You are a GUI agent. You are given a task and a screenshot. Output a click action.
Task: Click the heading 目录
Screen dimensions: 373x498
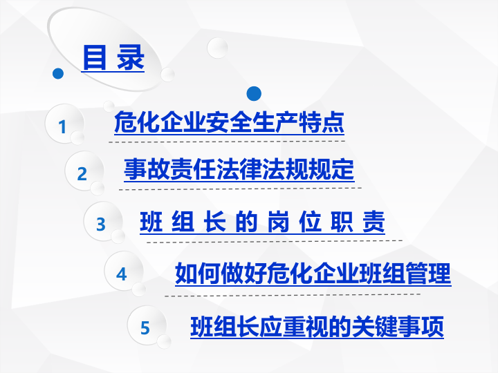coord(113,57)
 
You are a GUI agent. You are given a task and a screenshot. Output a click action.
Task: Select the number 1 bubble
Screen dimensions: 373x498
coord(62,127)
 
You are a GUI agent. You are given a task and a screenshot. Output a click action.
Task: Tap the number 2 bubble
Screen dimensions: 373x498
coord(82,174)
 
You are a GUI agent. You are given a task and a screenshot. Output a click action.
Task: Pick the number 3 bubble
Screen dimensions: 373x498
coord(101,224)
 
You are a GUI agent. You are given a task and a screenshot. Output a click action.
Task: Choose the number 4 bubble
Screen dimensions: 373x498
coord(122,274)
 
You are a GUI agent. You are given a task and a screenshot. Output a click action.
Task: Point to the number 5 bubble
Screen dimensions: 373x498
coord(145,327)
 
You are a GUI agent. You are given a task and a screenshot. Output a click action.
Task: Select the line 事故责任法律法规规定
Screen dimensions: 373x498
coord(239,169)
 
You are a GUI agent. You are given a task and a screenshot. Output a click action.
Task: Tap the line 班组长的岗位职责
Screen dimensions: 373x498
coord(262,222)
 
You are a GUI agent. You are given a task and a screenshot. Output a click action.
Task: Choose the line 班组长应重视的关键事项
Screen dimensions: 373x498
coord(317,325)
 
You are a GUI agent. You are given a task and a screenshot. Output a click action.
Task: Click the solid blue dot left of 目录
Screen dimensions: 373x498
coord(58,73)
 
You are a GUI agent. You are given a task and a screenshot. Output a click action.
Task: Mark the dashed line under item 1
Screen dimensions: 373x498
coord(227,141)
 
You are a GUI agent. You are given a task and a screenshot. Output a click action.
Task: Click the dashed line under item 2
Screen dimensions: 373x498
coord(240,187)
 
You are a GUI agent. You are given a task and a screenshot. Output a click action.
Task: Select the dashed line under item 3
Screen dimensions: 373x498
coord(275,240)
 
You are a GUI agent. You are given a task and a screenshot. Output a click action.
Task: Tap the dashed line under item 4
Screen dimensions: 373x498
coord(292,294)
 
